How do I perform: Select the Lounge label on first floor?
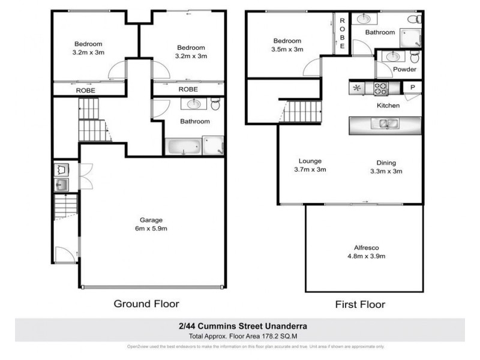pos(310,166)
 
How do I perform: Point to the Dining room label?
pos(386,166)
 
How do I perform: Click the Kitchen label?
pos(388,106)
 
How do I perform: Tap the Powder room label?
pos(404,70)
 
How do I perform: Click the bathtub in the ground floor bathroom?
pos(184,146)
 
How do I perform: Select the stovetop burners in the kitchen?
pos(381,88)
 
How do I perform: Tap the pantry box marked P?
pos(413,88)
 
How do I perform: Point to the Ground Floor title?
pos(146,304)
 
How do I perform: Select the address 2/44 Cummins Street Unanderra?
pos(239,326)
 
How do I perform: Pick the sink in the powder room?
pos(394,57)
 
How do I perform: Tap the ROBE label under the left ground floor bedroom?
pos(86,90)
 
